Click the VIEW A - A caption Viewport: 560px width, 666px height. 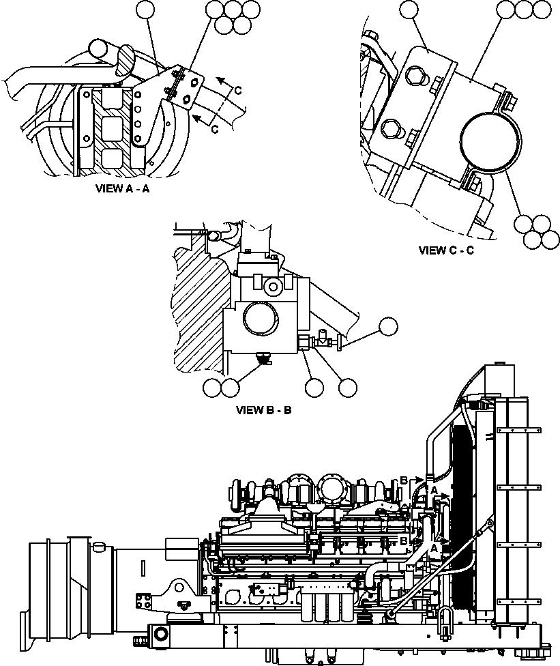[123, 189]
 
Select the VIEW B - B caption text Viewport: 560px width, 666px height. [264, 410]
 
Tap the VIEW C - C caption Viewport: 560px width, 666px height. [446, 250]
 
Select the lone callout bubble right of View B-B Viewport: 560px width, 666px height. [388, 327]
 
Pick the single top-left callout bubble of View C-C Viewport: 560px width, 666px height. [409, 9]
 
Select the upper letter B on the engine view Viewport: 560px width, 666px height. [404, 480]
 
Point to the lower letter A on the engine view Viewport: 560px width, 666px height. [434, 547]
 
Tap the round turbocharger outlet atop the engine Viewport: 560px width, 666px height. [330, 490]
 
